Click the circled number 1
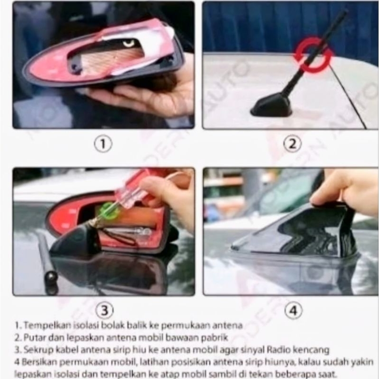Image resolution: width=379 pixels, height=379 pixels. (x=103, y=144)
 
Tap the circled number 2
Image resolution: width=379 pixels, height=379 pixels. (x=292, y=144)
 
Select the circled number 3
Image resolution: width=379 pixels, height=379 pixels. (x=104, y=310)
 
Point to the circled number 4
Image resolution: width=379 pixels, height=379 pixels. (x=293, y=310)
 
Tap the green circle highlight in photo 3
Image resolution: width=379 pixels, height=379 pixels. (x=109, y=211)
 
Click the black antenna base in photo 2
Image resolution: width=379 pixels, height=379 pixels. (x=271, y=106)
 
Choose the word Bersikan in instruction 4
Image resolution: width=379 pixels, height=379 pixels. (x=39, y=362)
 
